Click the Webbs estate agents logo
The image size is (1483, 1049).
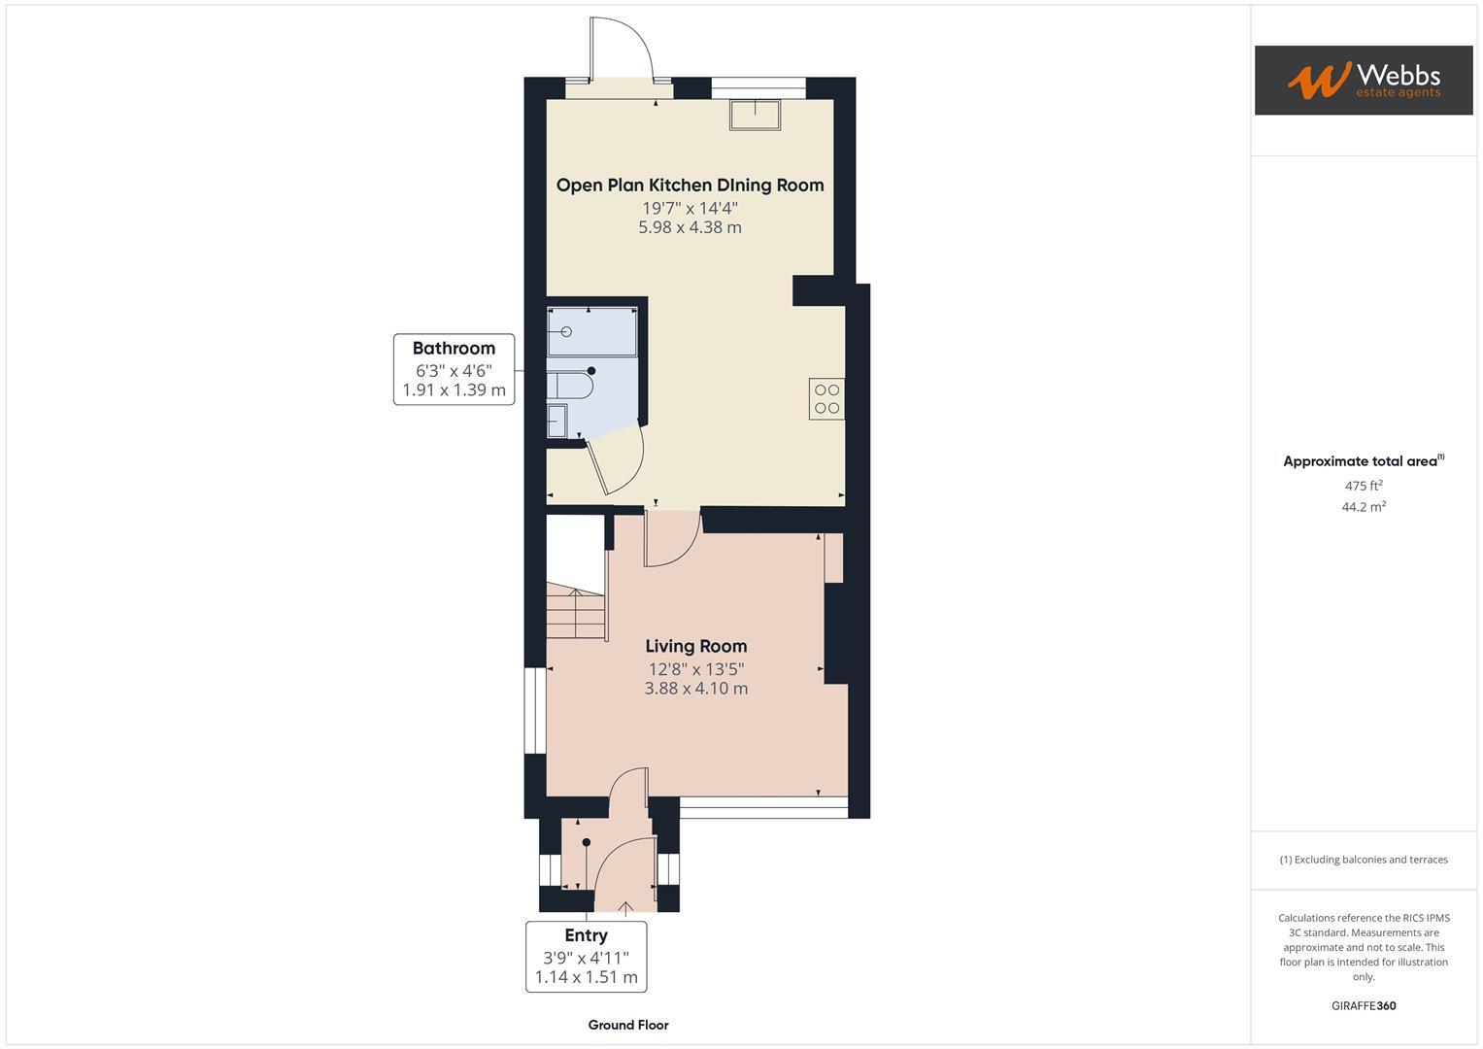point(1363,80)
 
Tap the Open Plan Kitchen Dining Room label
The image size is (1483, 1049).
point(690,185)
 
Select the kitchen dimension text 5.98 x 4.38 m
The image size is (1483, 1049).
point(690,227)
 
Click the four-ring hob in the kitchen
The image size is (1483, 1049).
point(826,398)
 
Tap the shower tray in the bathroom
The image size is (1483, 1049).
point(591,332)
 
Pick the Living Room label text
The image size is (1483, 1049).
point(696,646)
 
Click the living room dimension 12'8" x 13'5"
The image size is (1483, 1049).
point(696,668)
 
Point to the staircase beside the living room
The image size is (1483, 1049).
point(576,612)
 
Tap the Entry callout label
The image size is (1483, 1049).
point(586,935)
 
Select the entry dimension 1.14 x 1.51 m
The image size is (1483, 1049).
point(586,977)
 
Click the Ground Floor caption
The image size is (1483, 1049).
point(628,1025)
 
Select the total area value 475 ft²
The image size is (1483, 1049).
point(1364,486)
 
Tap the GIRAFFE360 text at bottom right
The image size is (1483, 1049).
point(1364,1005)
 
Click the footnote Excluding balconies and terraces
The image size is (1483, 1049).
point(1364,860)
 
